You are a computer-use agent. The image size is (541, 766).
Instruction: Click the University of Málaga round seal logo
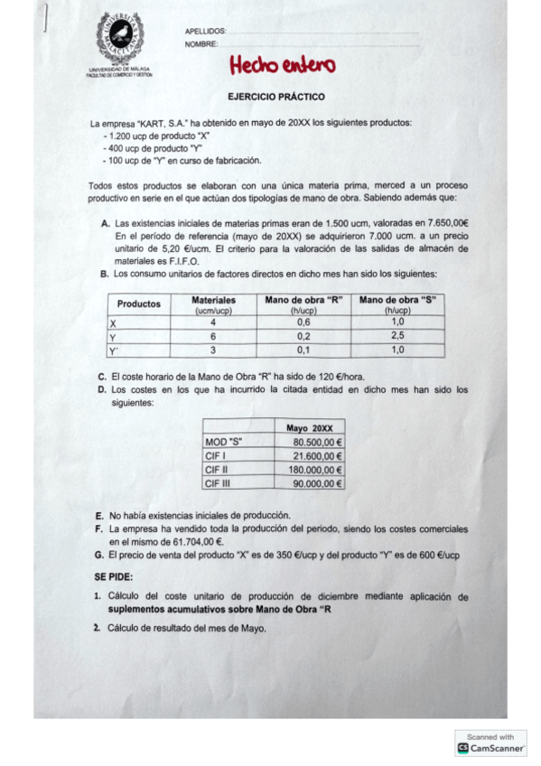[x=119, y=40]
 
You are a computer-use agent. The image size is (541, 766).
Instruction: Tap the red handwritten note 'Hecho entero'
[x=282, y=65]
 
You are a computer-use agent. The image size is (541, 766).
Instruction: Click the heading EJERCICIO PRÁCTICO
[x=276, y=96]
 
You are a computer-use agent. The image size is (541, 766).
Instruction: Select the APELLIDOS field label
[x=205, y=32]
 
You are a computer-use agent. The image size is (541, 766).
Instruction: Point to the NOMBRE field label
[x=201, y=44]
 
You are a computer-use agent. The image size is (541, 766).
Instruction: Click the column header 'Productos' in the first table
[x=139, y=304]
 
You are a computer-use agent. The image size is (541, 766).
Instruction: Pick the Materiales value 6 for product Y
[x=213, y=336]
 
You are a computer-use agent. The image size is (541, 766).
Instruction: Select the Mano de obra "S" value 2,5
[x=397, y=336]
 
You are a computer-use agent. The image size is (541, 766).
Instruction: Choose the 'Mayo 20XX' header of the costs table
[x=309, y=427]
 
